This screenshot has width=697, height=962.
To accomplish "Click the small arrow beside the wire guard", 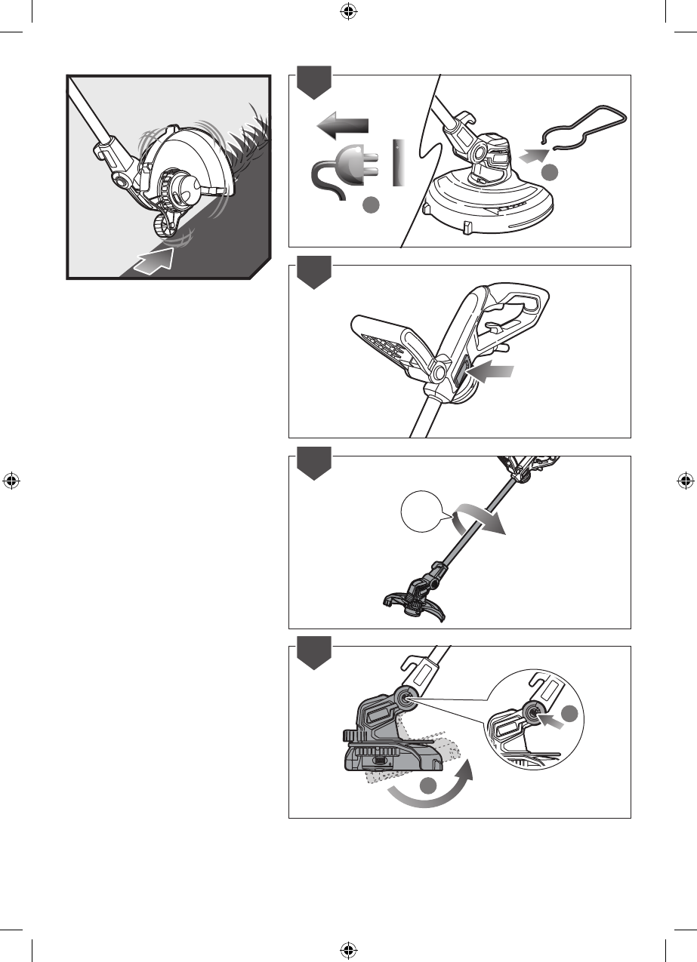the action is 533,157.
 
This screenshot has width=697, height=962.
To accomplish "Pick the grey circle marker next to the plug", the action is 371,204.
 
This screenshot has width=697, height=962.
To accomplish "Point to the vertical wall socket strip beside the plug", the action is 399,161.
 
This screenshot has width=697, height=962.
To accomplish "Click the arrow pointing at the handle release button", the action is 491,371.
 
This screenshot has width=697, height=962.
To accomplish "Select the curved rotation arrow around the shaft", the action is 479,521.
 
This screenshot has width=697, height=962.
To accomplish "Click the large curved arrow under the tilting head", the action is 430,785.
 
